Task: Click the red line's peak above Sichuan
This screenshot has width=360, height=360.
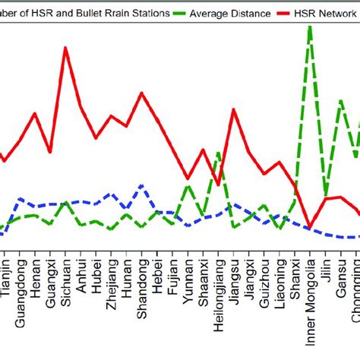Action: (65, 48)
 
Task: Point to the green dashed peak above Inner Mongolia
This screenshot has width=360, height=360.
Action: (310, 27)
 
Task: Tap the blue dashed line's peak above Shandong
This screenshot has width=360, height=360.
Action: (142, 185)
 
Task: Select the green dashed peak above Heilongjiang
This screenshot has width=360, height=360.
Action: (219, 153)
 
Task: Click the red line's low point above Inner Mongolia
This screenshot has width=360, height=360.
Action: (310, 226)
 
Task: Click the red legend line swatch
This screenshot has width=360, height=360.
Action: (286, 14)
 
